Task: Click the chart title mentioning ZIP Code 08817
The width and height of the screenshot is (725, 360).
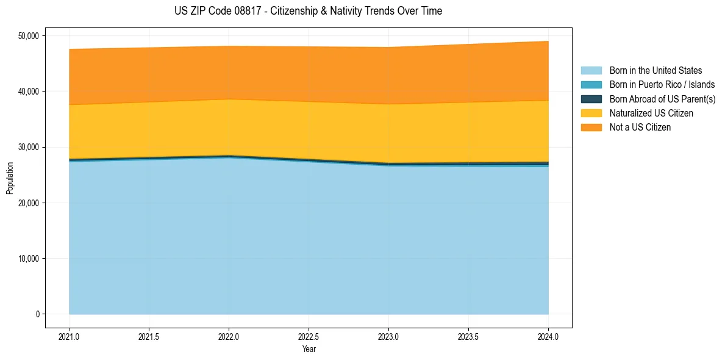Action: tap(308, 11)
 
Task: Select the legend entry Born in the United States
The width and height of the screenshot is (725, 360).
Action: tap(655, 71)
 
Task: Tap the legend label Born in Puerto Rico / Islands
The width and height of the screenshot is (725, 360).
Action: tap(662, 85)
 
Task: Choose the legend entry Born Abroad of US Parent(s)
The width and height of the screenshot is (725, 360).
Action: tap(662, 99)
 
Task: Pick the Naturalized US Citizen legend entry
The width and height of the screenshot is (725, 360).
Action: tap(651, 113)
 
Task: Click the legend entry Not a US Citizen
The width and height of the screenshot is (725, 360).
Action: tap(640, 128)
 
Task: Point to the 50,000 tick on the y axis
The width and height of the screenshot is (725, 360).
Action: tap(27, 36)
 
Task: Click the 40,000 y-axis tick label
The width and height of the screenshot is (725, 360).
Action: tap(27, 92)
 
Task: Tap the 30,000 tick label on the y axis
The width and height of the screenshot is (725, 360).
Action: tap(27, 147)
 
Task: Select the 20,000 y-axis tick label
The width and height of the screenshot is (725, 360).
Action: tap(27, 203)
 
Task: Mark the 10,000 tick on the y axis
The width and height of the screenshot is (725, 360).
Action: tap(27, 259)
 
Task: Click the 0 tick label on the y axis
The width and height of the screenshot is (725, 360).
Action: tap(37, 314)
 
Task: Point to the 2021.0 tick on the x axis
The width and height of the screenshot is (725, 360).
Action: tap(70, 336)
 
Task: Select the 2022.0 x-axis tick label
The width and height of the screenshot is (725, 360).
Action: tap(229, 336)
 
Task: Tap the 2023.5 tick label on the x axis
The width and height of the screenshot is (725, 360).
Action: tap(468, 336)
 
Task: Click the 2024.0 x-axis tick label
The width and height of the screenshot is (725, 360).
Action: tap(548, 336)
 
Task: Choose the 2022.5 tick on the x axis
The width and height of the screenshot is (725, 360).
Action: tap(309, 336)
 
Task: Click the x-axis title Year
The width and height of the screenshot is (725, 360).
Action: tap(309, 350)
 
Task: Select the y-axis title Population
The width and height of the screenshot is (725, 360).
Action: tap(10, 178)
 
